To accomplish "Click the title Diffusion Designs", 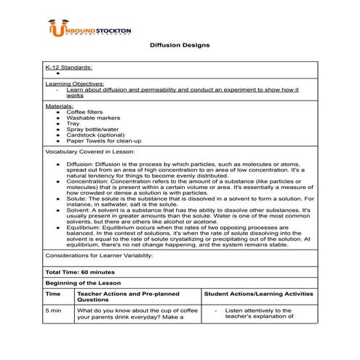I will click(x=180, y=45).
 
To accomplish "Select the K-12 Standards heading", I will click(x=68, y=66).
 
